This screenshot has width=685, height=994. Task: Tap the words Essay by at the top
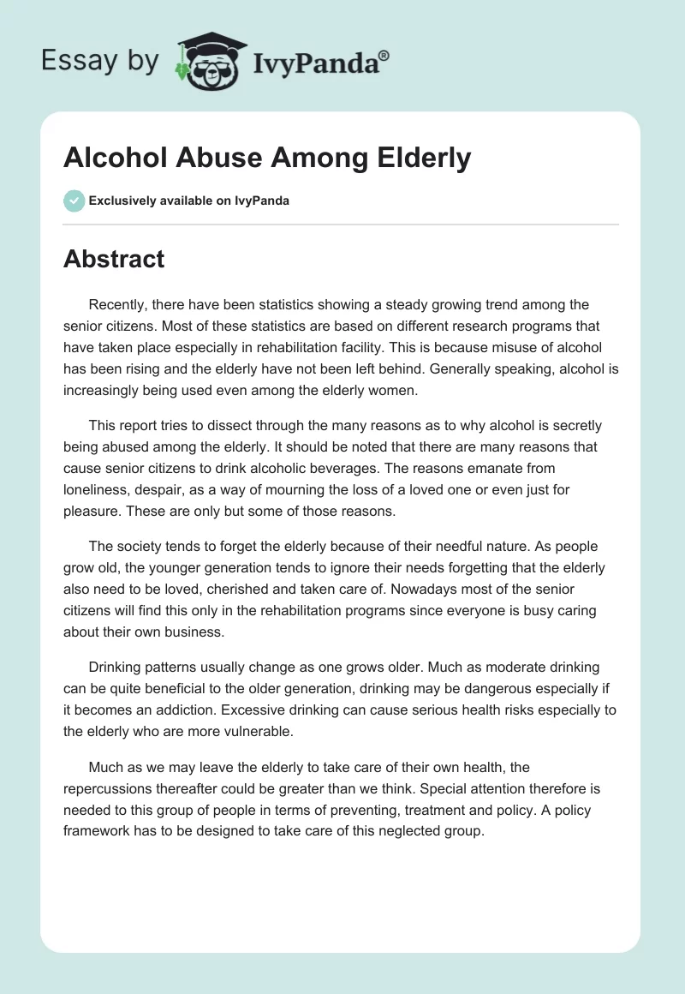coord(100,60)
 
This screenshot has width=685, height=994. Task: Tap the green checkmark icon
coord(74,201)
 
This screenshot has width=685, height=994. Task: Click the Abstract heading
coord(114,259)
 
